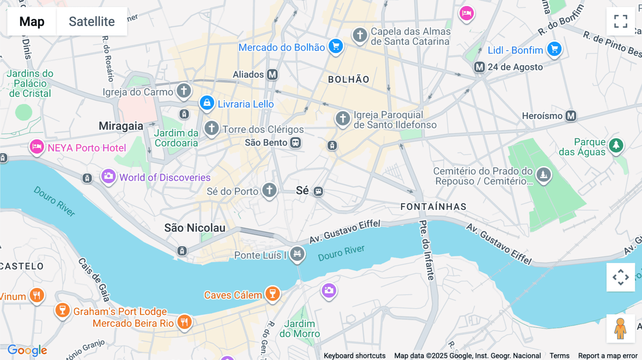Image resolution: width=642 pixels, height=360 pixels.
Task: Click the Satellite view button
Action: point(92,21)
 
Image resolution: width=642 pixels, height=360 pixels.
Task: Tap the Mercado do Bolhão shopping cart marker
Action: point(335,46)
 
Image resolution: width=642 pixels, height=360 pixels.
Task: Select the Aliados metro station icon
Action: point(272,74)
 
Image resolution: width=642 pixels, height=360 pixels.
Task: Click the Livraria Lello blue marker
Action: point(207,103)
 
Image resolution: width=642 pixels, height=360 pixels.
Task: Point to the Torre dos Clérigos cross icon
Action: point(212,128)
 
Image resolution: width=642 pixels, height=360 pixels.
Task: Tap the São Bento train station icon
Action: point(295,143)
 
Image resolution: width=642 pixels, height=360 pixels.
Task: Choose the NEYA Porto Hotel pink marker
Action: point(37,146)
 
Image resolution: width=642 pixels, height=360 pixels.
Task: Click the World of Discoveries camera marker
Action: point(108,176)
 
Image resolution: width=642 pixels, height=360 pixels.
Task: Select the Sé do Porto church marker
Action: point(269,190)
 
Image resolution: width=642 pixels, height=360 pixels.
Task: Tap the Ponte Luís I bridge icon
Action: point(297,254)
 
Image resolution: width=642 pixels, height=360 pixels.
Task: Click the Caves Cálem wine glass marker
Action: point(272,294)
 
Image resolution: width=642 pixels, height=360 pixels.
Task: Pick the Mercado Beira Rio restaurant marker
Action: point(184,322)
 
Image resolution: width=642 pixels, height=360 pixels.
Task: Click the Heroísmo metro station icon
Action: point(571,116)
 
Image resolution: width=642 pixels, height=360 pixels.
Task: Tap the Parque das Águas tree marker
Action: point(616,145)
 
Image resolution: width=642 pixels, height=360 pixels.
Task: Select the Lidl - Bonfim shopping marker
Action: point(554,49)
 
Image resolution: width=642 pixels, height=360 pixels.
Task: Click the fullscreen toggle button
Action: point(621,21)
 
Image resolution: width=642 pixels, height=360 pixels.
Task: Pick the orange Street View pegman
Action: point(621,328)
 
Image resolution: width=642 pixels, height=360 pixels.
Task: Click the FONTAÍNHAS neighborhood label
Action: point(433,207)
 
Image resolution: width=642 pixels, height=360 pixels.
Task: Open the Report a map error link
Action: point(608,355)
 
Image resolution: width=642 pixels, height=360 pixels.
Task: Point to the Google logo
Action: point(27,350)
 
